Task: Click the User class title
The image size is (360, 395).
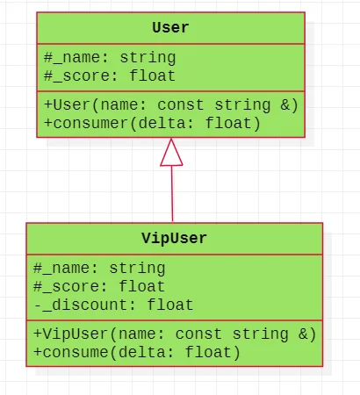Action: (x=170, y=28)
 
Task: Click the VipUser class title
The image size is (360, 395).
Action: (x=175, y=238)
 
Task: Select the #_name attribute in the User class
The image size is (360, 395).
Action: (x=110, y=58)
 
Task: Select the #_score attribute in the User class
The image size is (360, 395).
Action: (x=110, y=76)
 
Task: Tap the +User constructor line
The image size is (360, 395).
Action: (x=171, y=105)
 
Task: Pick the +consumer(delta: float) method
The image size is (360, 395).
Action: (x=152, y=123)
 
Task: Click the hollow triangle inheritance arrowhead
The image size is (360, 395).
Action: (x=171, y=153)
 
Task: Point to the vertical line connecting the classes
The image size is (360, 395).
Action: (x=172, y=194)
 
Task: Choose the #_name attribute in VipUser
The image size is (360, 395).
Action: (x=99, y=269)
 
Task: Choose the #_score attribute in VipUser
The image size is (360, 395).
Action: (x=99, y=287)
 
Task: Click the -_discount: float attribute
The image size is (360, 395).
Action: (x=113, y=305)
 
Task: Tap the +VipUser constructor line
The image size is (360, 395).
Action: (x=175, y=334)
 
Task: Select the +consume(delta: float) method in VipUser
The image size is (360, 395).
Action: (x=137, y=352)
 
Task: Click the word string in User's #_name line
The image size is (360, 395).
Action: (x=148, y=58)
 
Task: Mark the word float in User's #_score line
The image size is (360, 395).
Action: (x=152, y=76)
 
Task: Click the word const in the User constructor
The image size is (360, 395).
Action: (x=180, y=105)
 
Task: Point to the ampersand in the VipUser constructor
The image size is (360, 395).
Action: (x=304, y=334)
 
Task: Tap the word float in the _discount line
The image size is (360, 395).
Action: (x=170, y=305)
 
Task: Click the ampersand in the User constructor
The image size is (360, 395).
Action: (x=285, y=104)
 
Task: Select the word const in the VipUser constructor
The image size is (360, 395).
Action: (x=198, y=334)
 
